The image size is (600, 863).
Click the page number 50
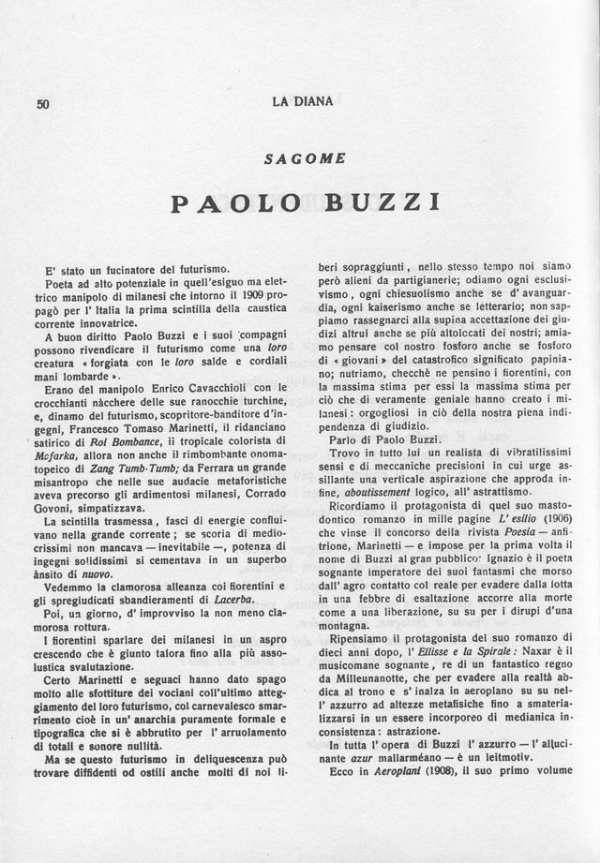[x=42, y=104]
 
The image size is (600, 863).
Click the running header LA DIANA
[x=302, y=101]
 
